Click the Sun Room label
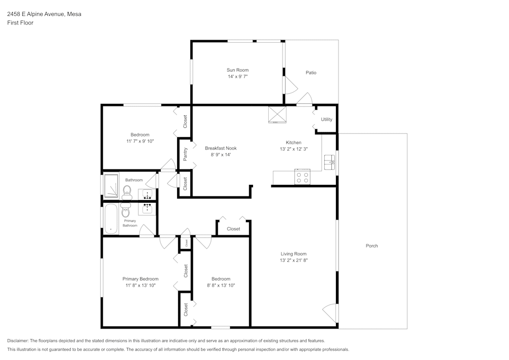click(238, 70)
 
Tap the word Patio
click(311, 72)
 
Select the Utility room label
click(326, 120)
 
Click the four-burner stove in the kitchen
click(302, 177)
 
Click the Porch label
click(372, 246)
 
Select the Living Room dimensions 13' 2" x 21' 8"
click(294, 260)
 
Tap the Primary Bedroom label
click(140, 279)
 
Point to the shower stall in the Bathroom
click(111, 186)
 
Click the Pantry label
click(185, 154)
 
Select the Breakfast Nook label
click(220, 148)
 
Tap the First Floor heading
click(20, 23)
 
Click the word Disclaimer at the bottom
click(18, 341)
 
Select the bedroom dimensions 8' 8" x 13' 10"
click(221, 286)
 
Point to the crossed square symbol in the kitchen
click(277, 115)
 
